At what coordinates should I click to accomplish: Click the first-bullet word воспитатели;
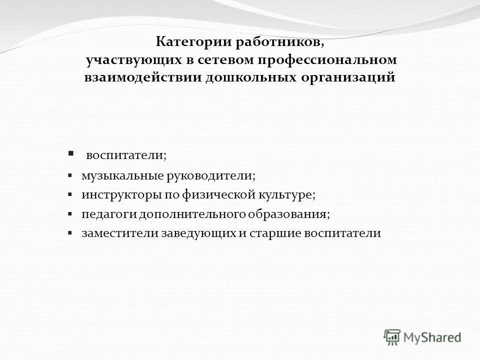coord(126,155)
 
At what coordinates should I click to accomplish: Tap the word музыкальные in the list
coord(118,176)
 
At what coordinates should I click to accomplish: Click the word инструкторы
coord(115,195)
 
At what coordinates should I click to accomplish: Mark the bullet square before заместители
coord(70,233)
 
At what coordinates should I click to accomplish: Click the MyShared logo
coord(422,337)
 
